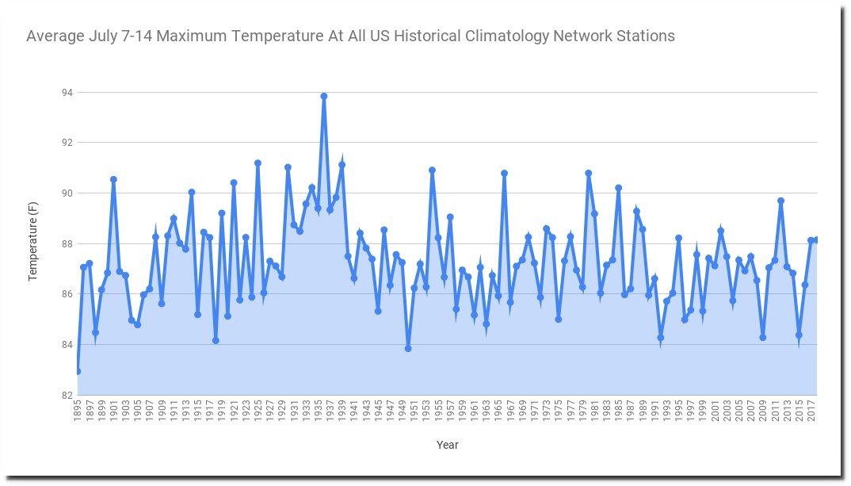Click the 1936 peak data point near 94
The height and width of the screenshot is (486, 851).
click(x=324, y=97)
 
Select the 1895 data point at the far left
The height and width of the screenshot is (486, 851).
click(x=78, y=371)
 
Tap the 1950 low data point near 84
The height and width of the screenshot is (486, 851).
click(x=408, y=348)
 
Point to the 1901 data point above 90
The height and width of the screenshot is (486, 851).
click(x=113, y=179)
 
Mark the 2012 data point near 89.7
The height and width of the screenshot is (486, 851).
click(x=780, y=201)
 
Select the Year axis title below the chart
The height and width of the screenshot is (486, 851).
click(x=447, y=445)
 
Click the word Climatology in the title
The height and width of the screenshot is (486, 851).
click(x=502, y=36)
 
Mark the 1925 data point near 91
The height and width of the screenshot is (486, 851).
click(x=258, y=163)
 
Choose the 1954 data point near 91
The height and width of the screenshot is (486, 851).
click(x=432, y=170)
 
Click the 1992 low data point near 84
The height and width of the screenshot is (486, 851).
click(x=660, y=338)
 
